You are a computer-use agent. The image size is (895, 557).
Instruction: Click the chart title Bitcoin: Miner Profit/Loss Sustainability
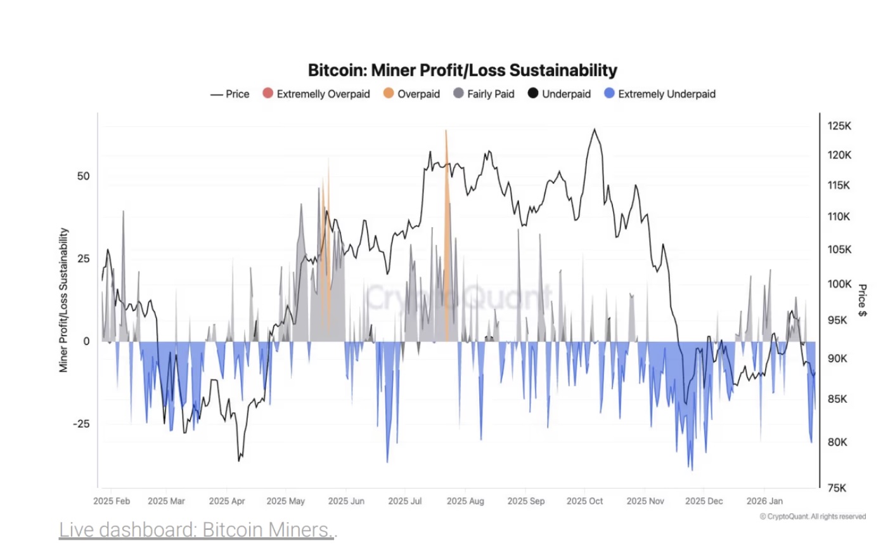462,70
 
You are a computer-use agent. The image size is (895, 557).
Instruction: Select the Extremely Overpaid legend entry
316,94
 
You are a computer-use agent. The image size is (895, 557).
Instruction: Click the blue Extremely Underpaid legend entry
660,94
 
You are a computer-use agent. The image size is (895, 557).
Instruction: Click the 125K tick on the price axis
839,126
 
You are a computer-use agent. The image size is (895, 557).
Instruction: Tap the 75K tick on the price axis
837,488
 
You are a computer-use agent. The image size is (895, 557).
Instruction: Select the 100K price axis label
839,284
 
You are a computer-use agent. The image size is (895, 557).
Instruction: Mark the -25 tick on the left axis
81,424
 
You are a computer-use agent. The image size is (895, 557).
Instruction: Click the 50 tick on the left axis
83,176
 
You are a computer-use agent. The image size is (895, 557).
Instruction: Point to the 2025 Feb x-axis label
112,501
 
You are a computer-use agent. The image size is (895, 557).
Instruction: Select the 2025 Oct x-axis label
584,501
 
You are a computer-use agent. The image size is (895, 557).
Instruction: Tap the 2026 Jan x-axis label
764,501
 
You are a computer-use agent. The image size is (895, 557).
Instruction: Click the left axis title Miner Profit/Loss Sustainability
63,300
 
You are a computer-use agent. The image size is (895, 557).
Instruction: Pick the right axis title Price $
862,300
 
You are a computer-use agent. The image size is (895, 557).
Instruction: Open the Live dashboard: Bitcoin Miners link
196,530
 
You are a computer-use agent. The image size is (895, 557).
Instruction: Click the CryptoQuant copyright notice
813,516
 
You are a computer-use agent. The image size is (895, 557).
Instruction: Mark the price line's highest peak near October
595,130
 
